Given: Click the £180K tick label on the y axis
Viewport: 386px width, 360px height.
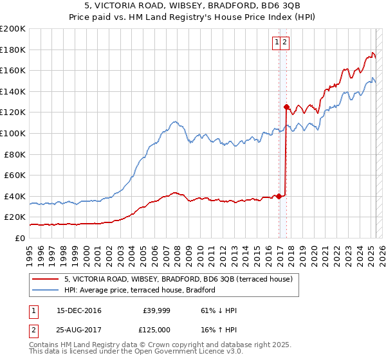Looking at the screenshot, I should [13, 50].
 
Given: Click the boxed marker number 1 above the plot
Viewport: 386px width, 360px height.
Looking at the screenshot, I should [277, 42].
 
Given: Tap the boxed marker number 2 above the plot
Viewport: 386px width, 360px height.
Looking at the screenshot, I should [284, 42].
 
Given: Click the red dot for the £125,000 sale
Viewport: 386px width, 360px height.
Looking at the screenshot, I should [286, 107].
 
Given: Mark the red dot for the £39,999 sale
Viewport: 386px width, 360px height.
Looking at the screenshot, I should [279, 197].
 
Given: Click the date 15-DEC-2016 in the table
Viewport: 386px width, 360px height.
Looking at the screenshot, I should [79, 310].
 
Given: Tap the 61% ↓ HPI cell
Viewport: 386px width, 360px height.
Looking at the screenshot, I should [219, 310].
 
